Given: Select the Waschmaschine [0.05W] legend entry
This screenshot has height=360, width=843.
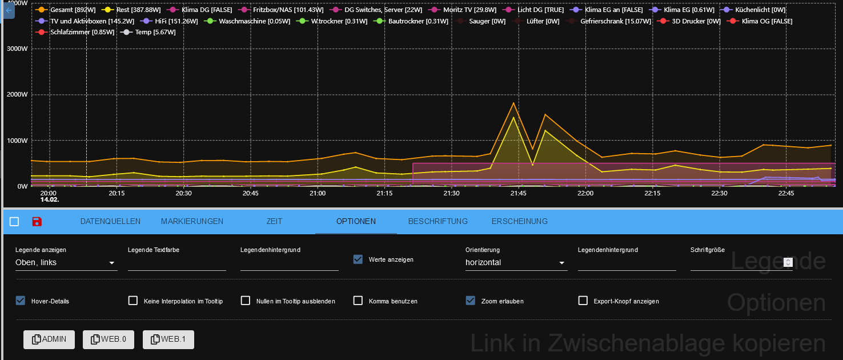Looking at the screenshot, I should pyautogui.click(x=239, y=21).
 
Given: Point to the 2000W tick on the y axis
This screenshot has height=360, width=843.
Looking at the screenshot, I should pyautogui.click(x=17, y=94).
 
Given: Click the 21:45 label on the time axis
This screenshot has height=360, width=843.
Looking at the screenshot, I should pyautogui.click(x=519, y=193).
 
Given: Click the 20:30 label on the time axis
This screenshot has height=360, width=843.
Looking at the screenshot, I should pyautogui.click(x=183, y=193).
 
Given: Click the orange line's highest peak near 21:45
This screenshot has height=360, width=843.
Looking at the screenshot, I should pyautogui.click(x=513, y=103).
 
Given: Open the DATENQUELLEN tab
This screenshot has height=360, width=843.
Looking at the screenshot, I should pyautogui.click(x=110, y=221).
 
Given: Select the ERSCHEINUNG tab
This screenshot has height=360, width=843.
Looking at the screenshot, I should pyautogui.click(x=519, y=221).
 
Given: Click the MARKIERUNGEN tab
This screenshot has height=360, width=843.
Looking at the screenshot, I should pyautogui.click(x=192, y=221).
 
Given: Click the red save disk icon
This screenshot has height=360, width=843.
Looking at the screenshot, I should pyautogui.click(x=37, y=222).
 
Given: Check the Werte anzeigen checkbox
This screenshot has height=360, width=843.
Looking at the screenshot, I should pyautogui.click(x=358, y=259).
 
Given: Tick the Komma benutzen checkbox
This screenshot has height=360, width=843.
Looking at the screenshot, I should pyautogui.click(x=358, y=301).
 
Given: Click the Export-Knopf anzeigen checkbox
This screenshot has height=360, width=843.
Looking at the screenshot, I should pyautogui.click(x=583, y=301).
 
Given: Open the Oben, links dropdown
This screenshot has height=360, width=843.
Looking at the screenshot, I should pyautogui.click(x=66, y=263).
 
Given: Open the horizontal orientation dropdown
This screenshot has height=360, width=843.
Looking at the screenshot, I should pyautogui.click(x=515, y=263).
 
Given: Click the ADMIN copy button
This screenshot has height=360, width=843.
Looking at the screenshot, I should pyautogui.click(x=49, y=339).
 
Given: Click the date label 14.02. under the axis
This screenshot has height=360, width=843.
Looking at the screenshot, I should pyautogui.click(x=50, y=200).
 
